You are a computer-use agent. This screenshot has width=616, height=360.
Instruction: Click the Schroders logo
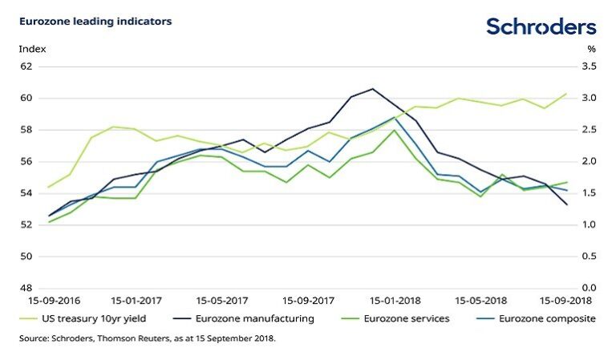(541, 26)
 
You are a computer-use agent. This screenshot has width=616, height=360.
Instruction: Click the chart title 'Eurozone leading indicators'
(95, 22)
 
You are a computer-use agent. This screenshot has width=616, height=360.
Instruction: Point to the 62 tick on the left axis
(26, 67)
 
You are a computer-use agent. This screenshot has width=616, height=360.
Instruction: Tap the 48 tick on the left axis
(26, 289)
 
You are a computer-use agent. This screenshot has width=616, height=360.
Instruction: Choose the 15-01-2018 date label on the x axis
(392, 302)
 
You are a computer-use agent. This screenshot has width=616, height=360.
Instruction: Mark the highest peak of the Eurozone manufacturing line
(373, 89)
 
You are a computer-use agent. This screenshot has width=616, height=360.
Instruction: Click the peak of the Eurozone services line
(395, 130)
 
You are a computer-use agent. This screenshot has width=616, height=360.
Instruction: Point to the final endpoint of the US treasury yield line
(567, 94)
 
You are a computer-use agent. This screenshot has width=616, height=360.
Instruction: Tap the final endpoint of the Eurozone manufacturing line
(567, 204)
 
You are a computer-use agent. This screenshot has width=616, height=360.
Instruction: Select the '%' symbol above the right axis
(592, 49)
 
